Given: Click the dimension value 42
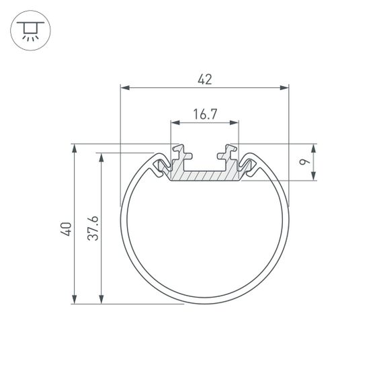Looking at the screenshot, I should [x=205, y=79].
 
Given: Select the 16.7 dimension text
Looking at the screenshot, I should [x=205, y=114].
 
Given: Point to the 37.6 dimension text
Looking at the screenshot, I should [x=94, y=228].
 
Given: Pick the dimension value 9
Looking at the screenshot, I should [x=304, y=162].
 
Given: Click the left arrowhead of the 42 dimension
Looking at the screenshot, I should [x=124, y=87].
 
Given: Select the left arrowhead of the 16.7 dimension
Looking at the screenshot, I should [x=175, y=123].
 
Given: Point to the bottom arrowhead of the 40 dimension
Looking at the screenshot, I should [x=74, y=300].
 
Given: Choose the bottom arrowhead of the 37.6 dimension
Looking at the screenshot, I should [x=102, y=300].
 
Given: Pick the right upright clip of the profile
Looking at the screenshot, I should [x=231, y=153].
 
